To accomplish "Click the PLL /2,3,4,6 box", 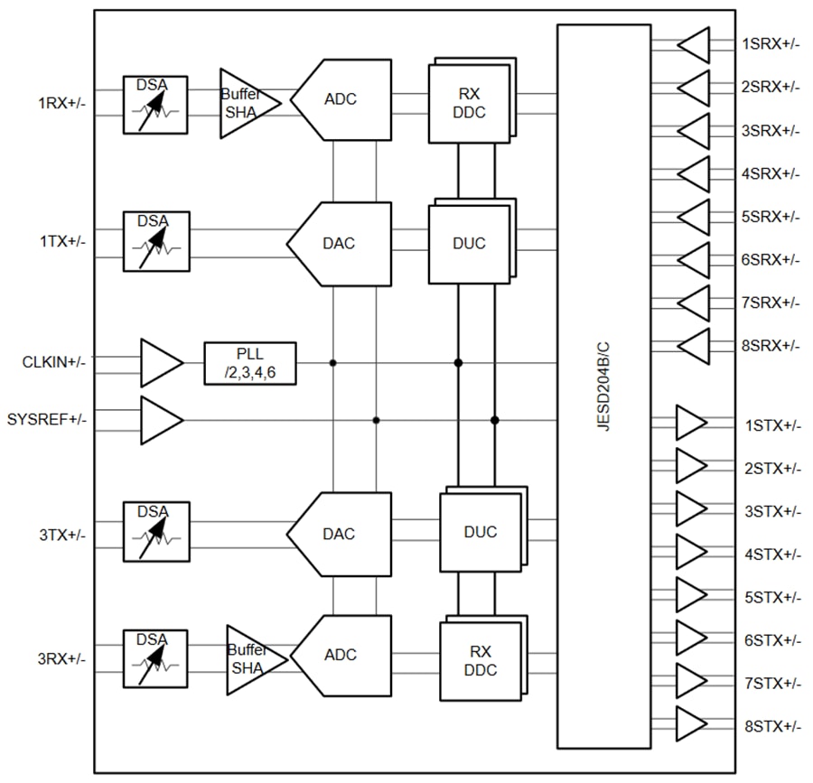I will [x=250, y=363].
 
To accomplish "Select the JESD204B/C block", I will [x=603, y=386].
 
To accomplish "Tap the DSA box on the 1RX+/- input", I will [x=155, y=105].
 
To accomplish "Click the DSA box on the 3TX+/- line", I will [x=155, y=531].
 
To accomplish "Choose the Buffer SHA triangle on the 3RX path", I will [x=253, y=660].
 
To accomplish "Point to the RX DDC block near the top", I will [x=470, y=101].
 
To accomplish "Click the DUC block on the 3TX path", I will [x=480, y=532].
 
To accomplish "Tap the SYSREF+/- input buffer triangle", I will [x=161, y=420].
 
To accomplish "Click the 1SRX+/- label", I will [x=770, y=43].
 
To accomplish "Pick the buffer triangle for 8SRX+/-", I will [x=694, y=345].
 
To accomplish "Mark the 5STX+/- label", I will [x=772, y=597].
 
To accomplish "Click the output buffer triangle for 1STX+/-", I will [x=691, y=424].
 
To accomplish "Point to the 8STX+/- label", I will [x=772, y=726].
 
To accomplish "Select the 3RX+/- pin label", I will [x=61, y=659].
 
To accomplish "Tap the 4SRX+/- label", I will [x=770, y=172].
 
